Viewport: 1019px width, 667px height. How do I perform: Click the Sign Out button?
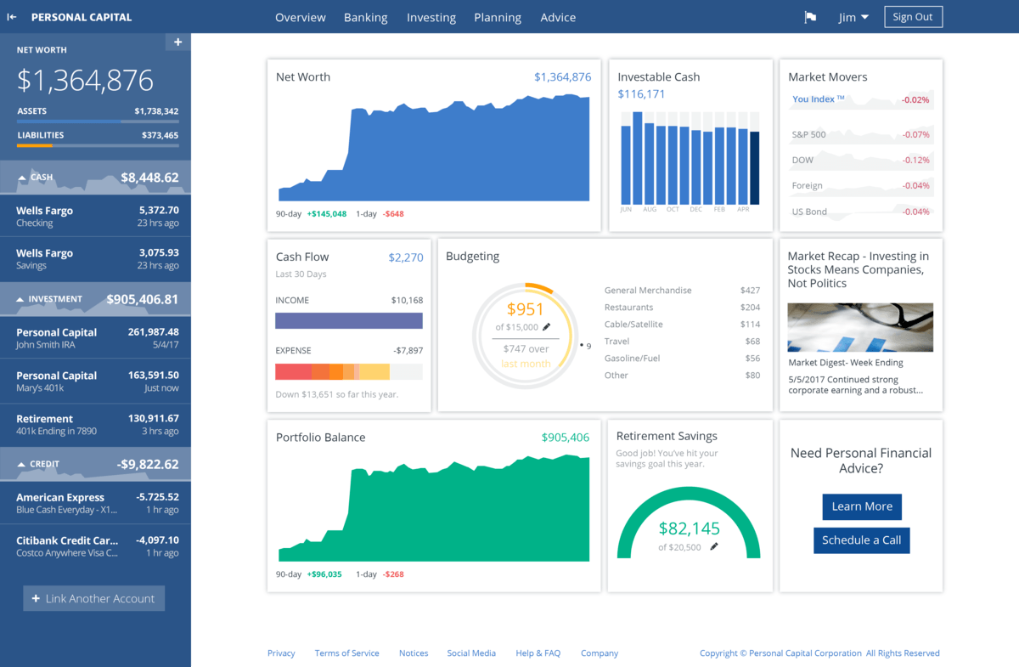pyautogui.click(x=913, y=17)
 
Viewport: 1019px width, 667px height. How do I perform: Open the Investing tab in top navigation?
pyautogui.click(x=431, y=17)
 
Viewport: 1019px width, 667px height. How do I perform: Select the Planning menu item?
pyautogui.click(x=497, y=17)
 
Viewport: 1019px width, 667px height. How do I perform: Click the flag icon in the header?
pyautogui.click(x=810, y=17)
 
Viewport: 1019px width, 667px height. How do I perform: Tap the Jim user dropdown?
pyautogui.click(x=853, y=17)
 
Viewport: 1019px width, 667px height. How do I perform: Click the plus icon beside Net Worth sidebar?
pyautogui.click(x=177, y=42)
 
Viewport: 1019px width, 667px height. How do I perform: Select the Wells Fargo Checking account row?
pyautogui.click(x=95, y=217)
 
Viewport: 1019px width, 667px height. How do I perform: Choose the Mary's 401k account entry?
pyautogui.click(x=95, y=381)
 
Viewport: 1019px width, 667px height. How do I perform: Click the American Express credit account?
pyautogui.click(x=95, y=503)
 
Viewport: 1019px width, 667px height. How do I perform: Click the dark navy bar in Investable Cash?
pyautogui.click(x=754, y=167)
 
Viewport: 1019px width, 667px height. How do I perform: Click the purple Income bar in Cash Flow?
pyautogui.click(x=348, y=320)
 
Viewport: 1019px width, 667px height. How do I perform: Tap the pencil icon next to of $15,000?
pyautogui.click(x=547, y=327)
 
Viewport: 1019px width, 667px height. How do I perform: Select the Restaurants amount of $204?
pyautogui.click(x=750, y=308)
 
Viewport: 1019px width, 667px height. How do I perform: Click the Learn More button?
pyautogui.click(x=861, y=506)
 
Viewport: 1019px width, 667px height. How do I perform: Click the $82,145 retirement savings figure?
pyautogui.click(x=689, y=528)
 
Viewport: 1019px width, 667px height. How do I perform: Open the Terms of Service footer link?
pyautogui.click(x=346, y=653)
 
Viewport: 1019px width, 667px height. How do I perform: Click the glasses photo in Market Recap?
pyautogui.click(x=860, y=327)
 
